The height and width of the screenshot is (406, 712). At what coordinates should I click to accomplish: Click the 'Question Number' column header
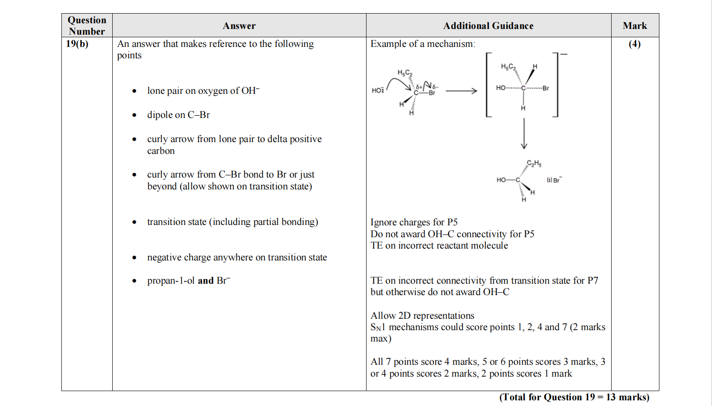point(87,25)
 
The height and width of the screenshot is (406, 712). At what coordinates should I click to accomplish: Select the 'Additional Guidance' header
point(488,26)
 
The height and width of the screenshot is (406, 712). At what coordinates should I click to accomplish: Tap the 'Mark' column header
point(634,26)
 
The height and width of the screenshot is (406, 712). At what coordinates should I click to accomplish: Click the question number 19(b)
point(77,44)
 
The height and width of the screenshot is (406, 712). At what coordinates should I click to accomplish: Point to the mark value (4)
point(634,44)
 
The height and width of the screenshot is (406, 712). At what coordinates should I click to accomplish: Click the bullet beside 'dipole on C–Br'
point(134,115)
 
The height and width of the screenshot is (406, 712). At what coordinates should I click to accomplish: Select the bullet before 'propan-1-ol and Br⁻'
point(134,281)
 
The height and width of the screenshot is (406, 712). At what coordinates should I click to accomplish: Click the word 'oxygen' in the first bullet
point(212,91)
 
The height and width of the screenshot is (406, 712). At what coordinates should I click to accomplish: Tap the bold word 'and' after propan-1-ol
point(205,281)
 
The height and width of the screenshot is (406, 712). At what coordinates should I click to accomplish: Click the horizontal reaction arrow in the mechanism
point(461,91)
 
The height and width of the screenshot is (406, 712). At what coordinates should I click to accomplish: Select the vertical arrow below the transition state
point(523,134)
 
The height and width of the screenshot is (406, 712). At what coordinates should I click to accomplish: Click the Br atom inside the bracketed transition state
point(545,88)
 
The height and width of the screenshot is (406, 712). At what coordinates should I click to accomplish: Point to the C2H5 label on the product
point(534,164)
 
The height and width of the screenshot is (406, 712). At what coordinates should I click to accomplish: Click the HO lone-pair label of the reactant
point(377,90)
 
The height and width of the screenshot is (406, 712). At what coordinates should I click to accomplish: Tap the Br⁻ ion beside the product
point(556,180)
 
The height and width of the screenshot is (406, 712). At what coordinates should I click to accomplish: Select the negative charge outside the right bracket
point(564,54)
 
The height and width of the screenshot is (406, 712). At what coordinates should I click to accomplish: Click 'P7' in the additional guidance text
point(593,281)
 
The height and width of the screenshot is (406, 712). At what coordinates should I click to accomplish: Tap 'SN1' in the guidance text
point(377,327)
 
